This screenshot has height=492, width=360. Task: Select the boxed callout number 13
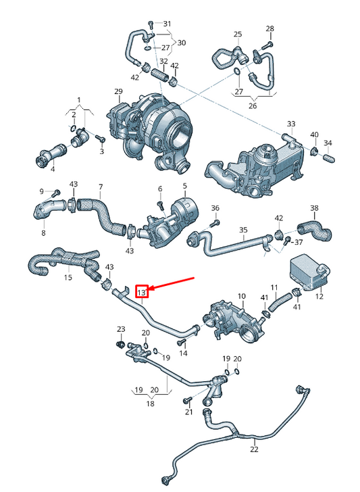(x=141, y=292)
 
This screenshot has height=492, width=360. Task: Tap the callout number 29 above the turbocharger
(x=118, y=91)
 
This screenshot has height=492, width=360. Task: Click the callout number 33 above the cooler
(x=291, y=124)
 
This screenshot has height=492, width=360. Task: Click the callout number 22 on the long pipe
(x=254, y=449)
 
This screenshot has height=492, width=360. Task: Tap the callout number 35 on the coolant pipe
(x=244, y=230)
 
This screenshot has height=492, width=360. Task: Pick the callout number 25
(x=238, y=34)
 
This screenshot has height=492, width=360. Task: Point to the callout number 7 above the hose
(x=101, y=187)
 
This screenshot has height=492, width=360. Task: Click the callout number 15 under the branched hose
(x=68, y=277)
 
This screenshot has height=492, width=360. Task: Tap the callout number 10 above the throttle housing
(x=242, y=296)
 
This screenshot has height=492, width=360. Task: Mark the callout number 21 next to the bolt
(x=190, y=412)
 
